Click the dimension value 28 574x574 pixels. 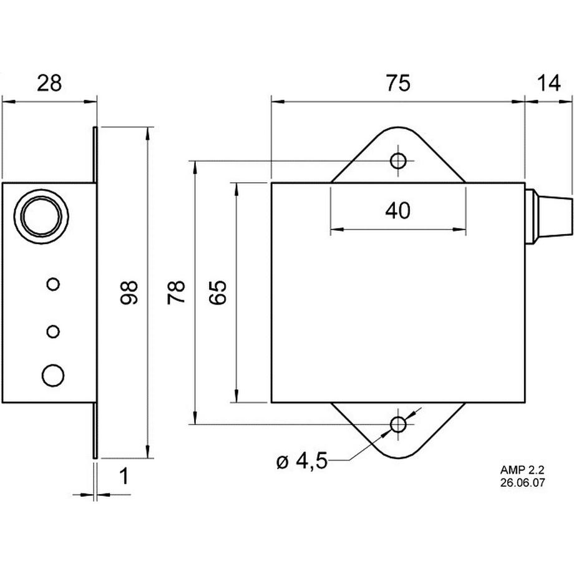tap(50, 83)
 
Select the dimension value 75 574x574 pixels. tap(397, 83)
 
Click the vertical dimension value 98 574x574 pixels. tap(129, 292)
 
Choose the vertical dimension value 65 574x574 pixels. tap(218, 292)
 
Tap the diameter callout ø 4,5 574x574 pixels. tap(301, 462)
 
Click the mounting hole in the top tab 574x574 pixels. tap(398, 161)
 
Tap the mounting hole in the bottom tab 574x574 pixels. tap(398, 425)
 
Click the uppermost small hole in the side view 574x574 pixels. tap(54, 284)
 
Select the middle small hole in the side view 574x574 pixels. tap(54, 330)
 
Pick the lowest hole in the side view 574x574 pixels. tap(53, 375)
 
